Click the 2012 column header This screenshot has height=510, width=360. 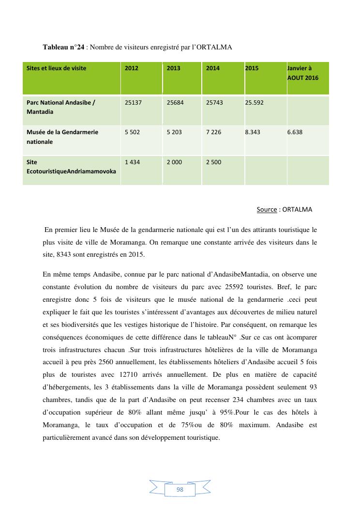132,68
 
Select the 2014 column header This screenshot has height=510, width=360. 213,68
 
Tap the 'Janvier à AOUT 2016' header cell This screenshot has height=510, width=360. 303,73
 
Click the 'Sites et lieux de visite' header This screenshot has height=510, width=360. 57,68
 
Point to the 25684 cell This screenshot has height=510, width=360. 175,103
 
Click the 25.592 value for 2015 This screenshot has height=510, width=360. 255,103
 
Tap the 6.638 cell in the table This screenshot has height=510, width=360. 295,132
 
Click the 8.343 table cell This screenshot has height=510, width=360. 253,132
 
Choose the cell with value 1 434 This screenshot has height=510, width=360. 132,162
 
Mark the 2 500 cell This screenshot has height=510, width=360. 214,162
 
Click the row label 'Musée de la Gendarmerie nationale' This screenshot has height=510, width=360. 62,137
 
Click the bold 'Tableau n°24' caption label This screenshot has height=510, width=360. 63,47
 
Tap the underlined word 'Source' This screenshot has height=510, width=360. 267,210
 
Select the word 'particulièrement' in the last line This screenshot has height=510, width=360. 69,437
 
